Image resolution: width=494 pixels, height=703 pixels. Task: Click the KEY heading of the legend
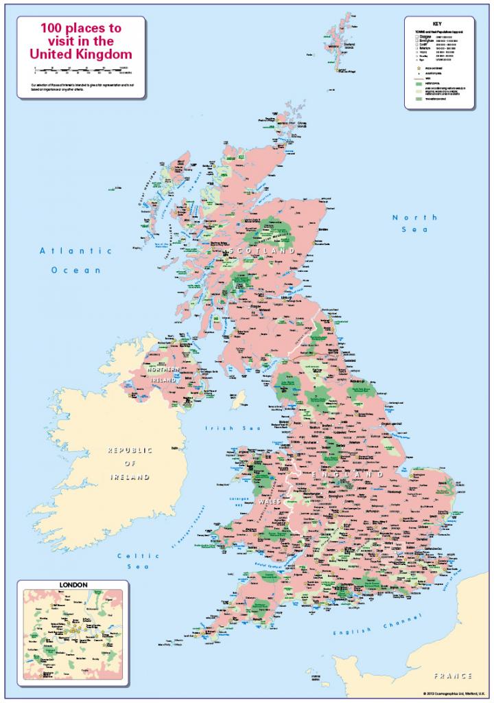(438, 23)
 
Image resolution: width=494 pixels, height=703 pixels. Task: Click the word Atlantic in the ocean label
(66, 251)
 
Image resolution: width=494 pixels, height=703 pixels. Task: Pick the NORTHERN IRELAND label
(162, 374)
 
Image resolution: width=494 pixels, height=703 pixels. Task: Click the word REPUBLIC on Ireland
(129, 450)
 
